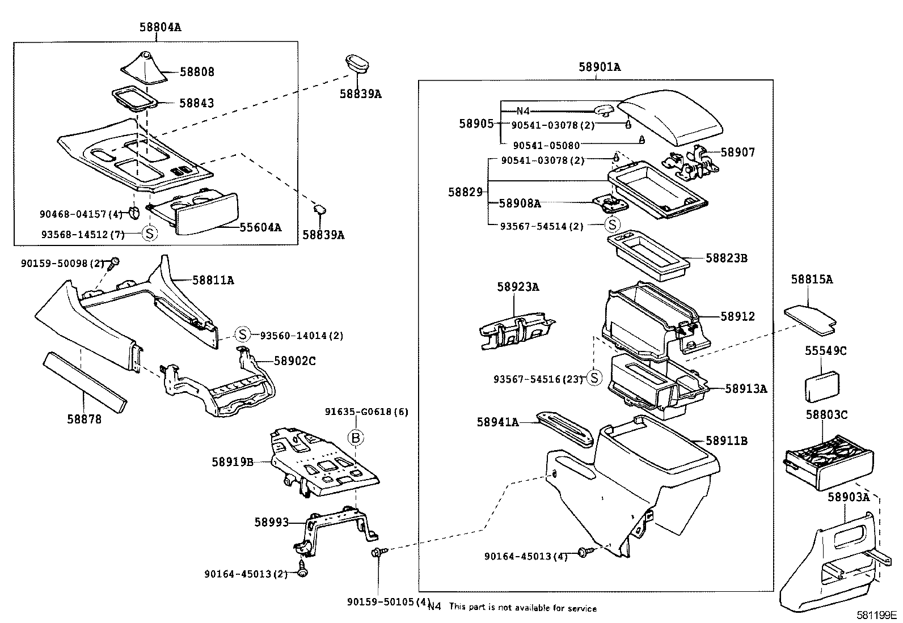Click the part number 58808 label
click(x=197, y=72)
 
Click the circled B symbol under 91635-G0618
click(x=356, y=437)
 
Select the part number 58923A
click(x=518, y=287)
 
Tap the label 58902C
click(x=294, y=361)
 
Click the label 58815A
click(x=812, y=279)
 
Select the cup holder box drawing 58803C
click(x=828, y=462)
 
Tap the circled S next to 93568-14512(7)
click(x=148, y=234)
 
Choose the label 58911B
click(x=727, y=440)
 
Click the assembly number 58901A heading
click(x=600, y=67)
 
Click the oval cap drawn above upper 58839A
click(x=358, y=64)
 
